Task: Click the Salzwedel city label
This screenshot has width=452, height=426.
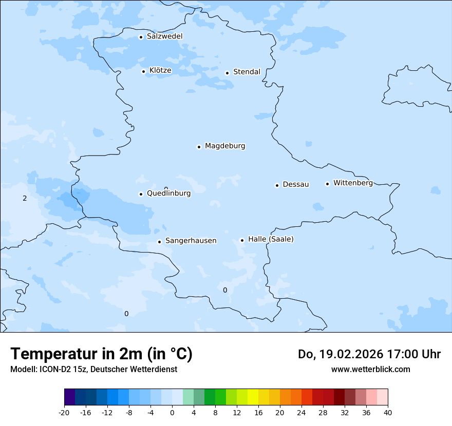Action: pos(164,36)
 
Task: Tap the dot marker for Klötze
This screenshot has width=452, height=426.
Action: pos(143,71)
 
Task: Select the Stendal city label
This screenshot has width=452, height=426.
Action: pos(247,72)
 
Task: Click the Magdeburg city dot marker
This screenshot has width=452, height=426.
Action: pos(199,147)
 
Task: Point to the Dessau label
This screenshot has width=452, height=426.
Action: pos(296,184)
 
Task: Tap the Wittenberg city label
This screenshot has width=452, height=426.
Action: pos(353,183)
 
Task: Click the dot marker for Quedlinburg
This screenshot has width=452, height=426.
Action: pos(141,194)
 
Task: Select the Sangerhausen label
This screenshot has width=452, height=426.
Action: pos(191,241)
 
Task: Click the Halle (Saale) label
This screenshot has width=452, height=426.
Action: pos(271,239)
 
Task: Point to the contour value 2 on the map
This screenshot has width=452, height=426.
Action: pos(25,198)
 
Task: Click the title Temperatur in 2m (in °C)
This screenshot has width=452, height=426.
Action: pos(101,354)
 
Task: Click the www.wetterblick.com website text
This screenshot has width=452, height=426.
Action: pos(370,369)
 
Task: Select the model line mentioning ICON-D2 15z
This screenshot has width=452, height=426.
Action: pos(93,369)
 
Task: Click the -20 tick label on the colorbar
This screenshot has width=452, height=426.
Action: pos(64,412)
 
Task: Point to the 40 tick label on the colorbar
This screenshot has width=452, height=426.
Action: pos(388,412)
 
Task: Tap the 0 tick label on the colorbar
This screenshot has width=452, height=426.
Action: pos(172,412)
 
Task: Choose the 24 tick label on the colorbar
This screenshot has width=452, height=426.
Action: pos(302,412)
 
